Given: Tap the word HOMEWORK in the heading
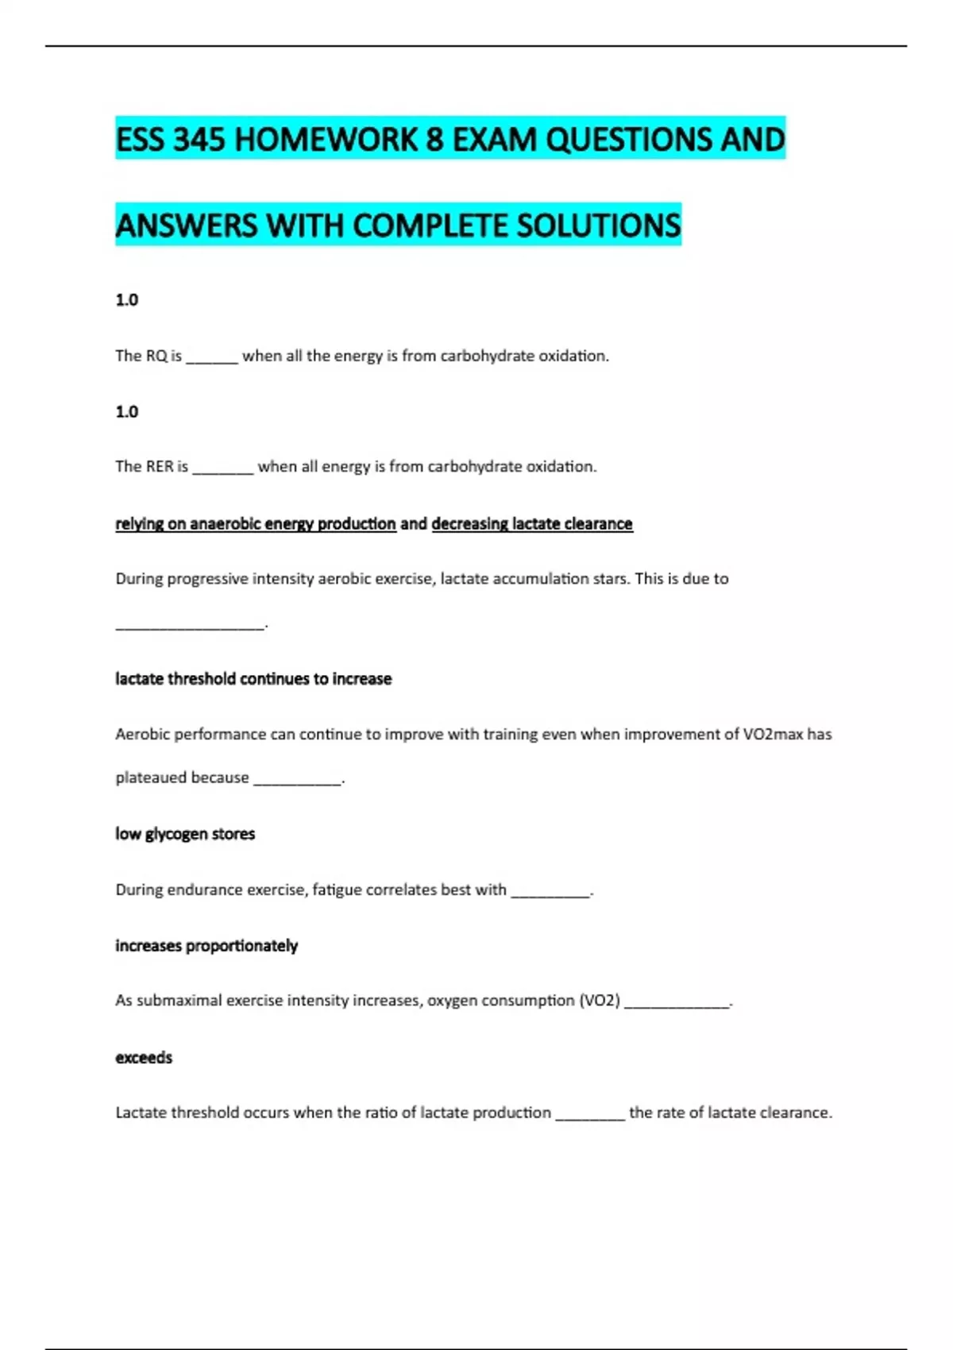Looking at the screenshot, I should point(326,140).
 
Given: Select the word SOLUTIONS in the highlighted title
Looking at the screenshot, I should point(599,226).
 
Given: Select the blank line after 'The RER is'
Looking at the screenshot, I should point(223,470).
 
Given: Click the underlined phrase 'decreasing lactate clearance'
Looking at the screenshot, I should point(532,524).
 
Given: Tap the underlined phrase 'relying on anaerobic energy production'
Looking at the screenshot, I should point(256,524).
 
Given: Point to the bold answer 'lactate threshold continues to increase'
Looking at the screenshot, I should point(253,679).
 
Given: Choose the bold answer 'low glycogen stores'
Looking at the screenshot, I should point(185,834).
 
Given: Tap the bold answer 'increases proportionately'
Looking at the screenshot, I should point(206,946).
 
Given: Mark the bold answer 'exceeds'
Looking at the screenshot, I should point(144,1058).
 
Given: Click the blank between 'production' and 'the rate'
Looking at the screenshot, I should point(590,1116).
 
